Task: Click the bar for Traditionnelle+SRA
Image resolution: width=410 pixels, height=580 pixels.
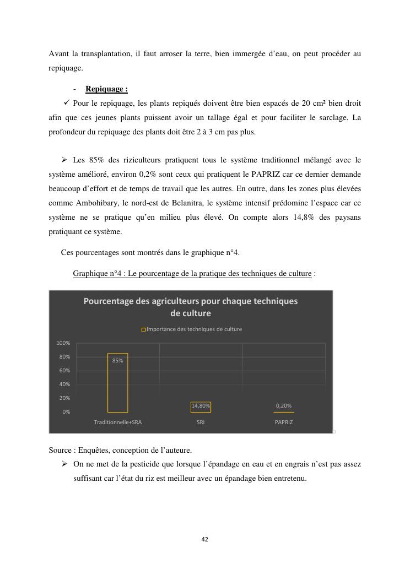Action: tap(117, 386)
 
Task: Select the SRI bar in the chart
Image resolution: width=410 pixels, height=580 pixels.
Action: tap(201, 408)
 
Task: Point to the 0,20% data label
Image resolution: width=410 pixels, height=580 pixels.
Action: tap(284, 405)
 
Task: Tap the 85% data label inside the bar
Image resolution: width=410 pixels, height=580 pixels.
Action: tap(117, 360)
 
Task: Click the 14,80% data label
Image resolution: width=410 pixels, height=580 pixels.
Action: tap(201, 405)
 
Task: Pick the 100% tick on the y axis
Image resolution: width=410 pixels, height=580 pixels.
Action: tap(63, 343)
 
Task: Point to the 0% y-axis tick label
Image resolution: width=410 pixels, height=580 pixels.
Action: tap(66, 411)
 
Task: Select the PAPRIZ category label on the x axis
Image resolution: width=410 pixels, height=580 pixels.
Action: tap(284, 422)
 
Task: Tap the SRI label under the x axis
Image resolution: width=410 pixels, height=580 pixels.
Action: tap(201, 422)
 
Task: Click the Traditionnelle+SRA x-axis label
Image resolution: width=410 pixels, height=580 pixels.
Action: tap(117, 422)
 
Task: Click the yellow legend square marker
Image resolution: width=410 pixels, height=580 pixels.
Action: tap(144, 329)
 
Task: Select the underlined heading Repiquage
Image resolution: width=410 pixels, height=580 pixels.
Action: tap(106, 89)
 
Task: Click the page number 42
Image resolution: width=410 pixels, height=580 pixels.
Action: tap(204, 539)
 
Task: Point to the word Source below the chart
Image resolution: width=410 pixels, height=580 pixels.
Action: tap(60, 450)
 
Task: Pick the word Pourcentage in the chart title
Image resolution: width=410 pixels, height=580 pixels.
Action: tap(110, 301)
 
